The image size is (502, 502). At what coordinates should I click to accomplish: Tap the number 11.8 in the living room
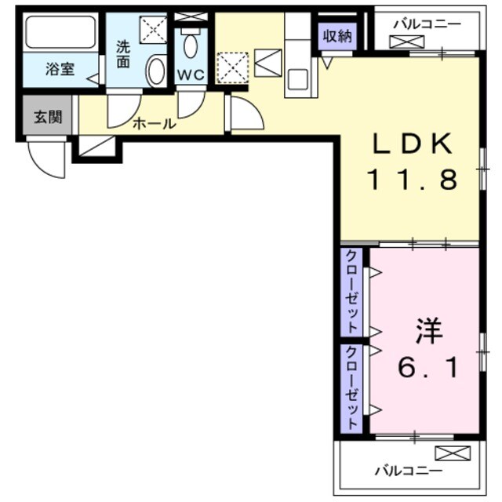(x=413, y=180)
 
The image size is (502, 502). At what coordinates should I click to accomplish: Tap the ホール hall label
(x=154, y=123)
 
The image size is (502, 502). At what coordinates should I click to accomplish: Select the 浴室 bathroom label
(x=60, y=69)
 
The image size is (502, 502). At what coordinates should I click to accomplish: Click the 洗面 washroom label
(x=124, y=53)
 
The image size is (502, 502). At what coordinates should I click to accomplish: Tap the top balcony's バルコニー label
(x=427, y=24)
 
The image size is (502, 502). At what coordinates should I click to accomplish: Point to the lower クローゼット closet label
(x=352, y=385)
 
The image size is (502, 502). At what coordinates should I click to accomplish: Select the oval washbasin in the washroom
(x=155, y=71)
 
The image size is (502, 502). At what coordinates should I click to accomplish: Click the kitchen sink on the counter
(x=297, y=78)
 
